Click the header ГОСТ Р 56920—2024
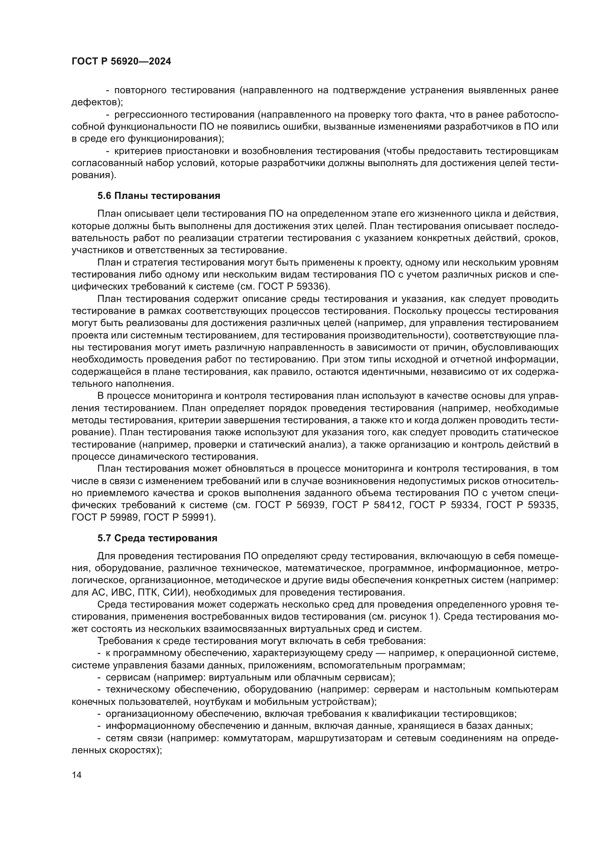pyautogui.click(x=121, y=62)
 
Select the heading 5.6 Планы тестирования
pyautogui.click(x=159, y=196)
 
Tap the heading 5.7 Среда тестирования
pyautogui.click(x=157, y=538)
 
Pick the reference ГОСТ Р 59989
pyautogui.click(x=104, y=517)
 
